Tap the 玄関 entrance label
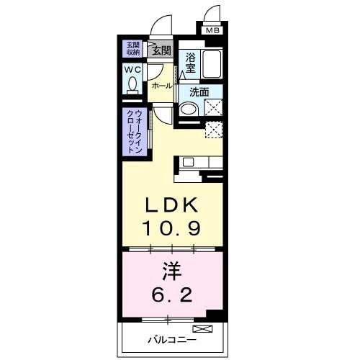pos(161,50)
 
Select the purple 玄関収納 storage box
pos(134,48)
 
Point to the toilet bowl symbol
pos(133,85)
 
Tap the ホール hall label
pos(161,86)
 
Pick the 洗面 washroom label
pos(199,92)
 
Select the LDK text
pos(171,206)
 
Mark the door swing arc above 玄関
pos(163,26)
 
